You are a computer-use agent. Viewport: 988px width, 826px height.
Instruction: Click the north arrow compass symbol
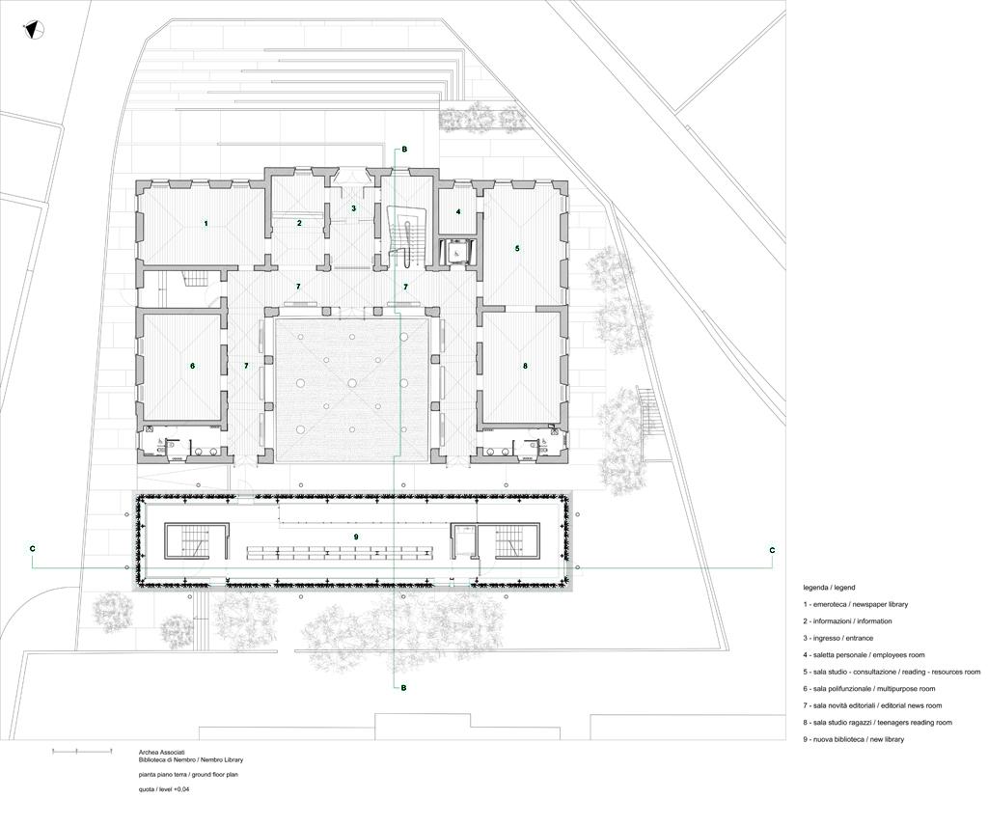(33, 30)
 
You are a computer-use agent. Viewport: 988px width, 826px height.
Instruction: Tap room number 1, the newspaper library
(206, 224)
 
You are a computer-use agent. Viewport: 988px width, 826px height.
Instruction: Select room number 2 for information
(299, 223)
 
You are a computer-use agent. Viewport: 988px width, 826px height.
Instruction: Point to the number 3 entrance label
(353, 207)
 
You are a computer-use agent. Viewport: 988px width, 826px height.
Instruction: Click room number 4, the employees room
(458, 211)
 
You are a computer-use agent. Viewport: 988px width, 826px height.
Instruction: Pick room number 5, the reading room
(517, 248)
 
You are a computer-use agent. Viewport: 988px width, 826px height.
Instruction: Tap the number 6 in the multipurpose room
(193, 366)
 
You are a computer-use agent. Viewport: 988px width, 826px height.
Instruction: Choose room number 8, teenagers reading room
(525, 366)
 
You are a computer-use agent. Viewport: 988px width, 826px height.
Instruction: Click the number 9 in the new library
(356, 537)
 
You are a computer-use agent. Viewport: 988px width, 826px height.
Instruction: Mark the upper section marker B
(404, 150)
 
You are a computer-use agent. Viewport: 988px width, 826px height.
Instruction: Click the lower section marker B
(404, 688)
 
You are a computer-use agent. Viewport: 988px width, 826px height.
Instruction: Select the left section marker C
(33, 549)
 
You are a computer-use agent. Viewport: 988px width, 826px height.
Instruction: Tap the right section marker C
(772, 550)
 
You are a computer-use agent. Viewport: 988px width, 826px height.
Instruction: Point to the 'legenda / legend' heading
(829, 588)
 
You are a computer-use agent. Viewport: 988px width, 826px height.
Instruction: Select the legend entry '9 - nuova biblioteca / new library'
(853, 739)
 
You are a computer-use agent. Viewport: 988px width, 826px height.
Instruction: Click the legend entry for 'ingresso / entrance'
(838, 638)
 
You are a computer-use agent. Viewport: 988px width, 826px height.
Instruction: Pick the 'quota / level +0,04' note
(164, 788)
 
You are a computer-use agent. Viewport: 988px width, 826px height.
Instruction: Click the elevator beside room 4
(456, 251)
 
